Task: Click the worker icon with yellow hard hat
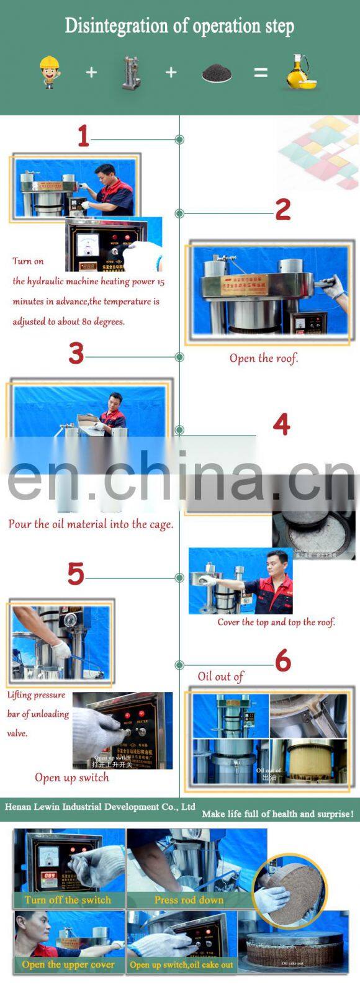50,72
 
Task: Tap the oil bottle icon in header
301,72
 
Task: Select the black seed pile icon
217,73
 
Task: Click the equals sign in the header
261,73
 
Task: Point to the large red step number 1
83,136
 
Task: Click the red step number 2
283,210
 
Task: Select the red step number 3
76,354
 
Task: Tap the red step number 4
281,425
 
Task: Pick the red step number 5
76,574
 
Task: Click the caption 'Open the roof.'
264,358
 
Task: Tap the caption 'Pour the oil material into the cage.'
91,524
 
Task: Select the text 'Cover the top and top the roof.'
276,622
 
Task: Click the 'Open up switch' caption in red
72,778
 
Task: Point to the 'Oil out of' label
220,676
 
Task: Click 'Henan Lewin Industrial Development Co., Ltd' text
100,807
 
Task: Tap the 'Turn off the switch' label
68,900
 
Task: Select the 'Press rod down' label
189,900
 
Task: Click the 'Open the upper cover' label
68,964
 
